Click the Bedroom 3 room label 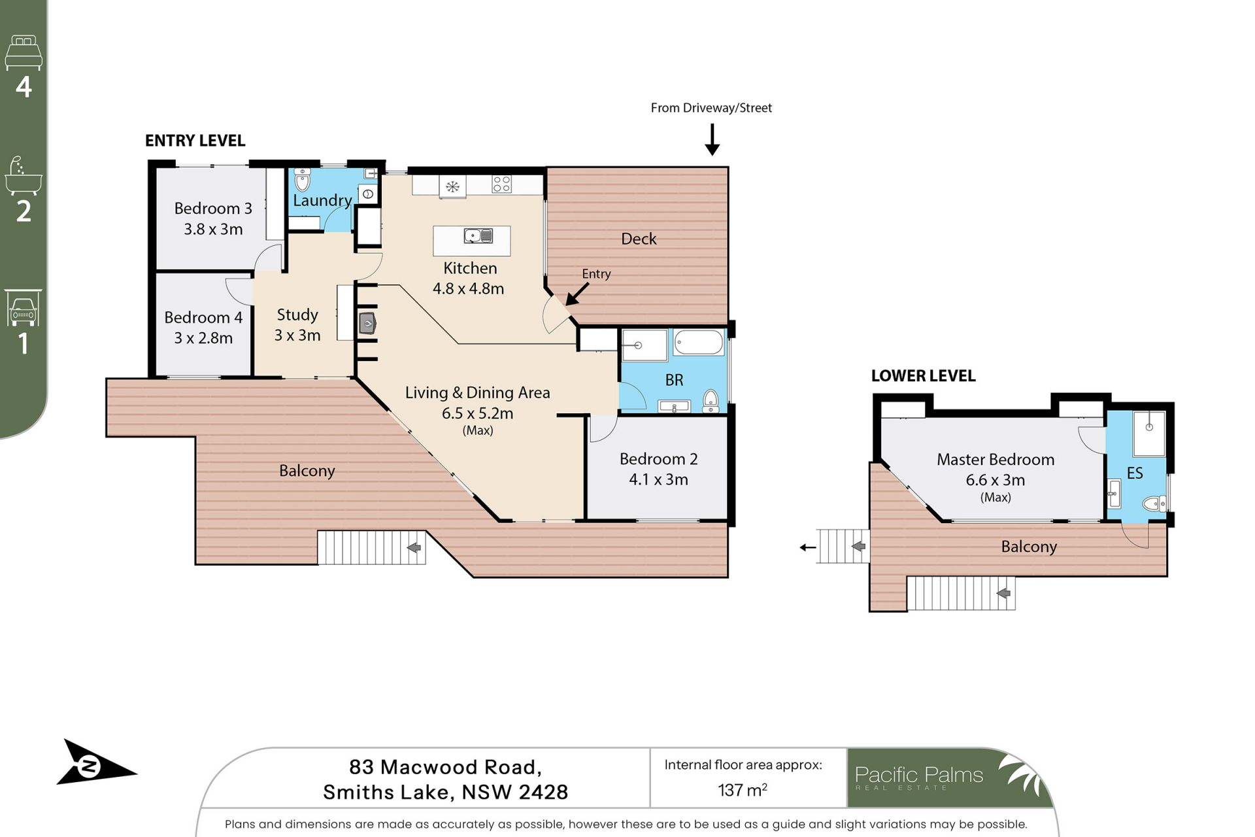tap(213, 209)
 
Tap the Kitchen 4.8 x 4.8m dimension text tap(468, 288)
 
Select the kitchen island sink tap(478, 235)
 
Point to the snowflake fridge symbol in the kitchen tap(452, 187)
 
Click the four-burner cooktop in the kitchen tap(502, 184)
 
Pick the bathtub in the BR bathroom tap(699, 343)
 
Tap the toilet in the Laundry tap(302, 179)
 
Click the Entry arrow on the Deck tap(577, 294)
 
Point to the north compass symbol tap(92, 763)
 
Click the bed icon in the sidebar tap(24, 52)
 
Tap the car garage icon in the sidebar tap(24, 308)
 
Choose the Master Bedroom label tap(996, 460)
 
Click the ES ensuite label tap(1135, 473)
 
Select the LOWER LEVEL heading tap(923, 376)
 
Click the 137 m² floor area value tap(743, 790)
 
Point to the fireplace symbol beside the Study tap(367, 323)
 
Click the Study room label tap(297, 315)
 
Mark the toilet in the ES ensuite tap(1154, 504)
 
